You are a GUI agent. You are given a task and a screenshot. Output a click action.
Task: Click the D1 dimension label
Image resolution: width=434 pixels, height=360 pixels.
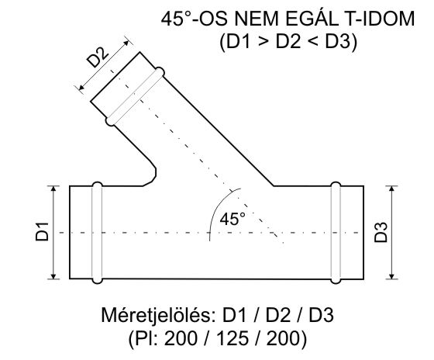[x=42, y=232]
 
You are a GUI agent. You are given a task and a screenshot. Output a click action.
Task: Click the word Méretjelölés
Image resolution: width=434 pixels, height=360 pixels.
[x=159, y=317]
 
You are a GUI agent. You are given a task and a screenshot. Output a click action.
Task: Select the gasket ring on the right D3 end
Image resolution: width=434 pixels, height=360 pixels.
[x=336, y=231]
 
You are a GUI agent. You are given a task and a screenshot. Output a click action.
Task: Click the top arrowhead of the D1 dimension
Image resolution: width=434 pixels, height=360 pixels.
[x=53, y=189]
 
